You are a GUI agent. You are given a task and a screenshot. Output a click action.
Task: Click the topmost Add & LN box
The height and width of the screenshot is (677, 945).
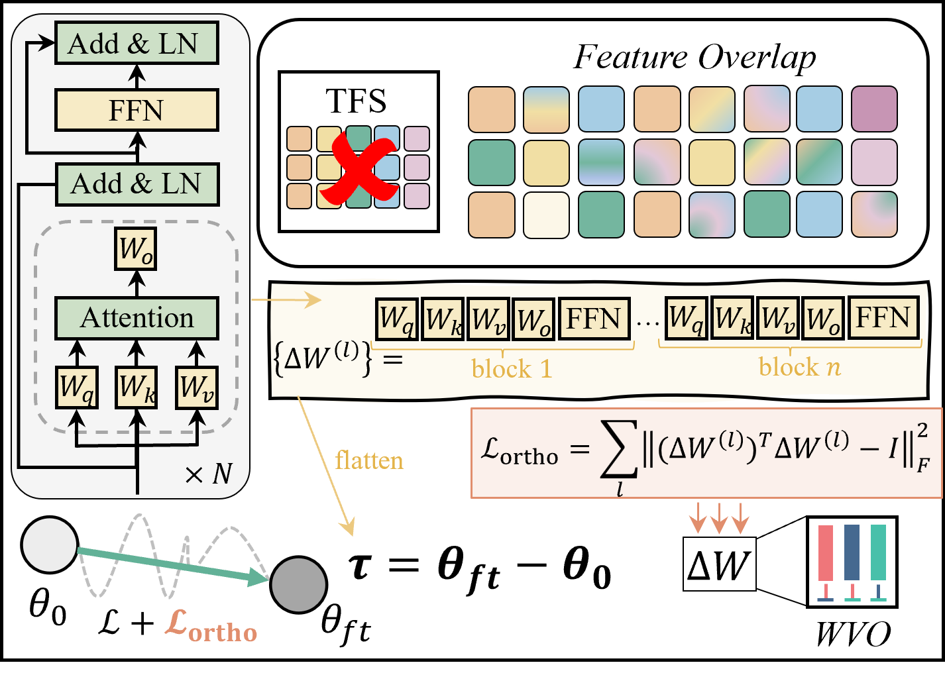click(x=136, y=44)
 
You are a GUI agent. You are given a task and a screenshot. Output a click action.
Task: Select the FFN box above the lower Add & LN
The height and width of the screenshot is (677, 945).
click(x=136, y=111)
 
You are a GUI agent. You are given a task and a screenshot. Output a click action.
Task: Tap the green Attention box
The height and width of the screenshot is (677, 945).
click(x=137, y=318)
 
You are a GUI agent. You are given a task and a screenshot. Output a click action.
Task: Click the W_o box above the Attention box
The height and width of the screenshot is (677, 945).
click(x=137, y=249)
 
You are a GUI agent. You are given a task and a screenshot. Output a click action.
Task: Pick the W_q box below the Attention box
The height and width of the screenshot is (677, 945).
click(x=78, y=387)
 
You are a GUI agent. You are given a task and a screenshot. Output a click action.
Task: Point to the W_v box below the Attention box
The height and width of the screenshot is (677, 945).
click(x=197, y=387)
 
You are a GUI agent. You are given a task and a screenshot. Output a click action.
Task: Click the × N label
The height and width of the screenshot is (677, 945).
click(x=209, y=474)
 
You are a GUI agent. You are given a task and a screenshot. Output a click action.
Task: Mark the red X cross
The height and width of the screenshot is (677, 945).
click(x=358, y=169)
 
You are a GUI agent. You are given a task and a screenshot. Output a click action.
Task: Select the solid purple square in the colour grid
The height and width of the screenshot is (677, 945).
click(x=873, y=109)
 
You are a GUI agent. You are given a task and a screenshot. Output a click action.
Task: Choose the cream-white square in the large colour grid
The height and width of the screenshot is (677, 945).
click(x=546, y=215)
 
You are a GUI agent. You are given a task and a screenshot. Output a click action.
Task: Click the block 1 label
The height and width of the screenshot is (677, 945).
click(x=512, y=368)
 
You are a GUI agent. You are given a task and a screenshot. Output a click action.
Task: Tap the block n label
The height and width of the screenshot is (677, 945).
click(x=799, y=366)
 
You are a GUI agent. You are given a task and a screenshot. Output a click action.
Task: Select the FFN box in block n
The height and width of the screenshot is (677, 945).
click(x=883, y=318)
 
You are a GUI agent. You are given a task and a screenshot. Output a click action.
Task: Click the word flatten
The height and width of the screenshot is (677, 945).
click(x=369, y=460)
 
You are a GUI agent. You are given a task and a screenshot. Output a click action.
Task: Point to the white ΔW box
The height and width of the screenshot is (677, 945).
click(x=719, y=564)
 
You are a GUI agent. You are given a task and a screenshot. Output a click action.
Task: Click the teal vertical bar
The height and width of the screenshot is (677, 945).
click(x=878, y=552)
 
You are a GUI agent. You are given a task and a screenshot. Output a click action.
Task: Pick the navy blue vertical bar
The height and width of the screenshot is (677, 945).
click(x=852, y=552)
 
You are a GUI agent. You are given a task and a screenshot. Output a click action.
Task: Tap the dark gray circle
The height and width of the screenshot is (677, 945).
click(x=299, y=584)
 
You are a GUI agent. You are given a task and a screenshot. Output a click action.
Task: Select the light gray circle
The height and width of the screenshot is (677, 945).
click(x=50, y=545)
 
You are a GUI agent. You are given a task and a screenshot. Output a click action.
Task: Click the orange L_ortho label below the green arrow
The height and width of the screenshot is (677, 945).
click(x=211, y=625)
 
